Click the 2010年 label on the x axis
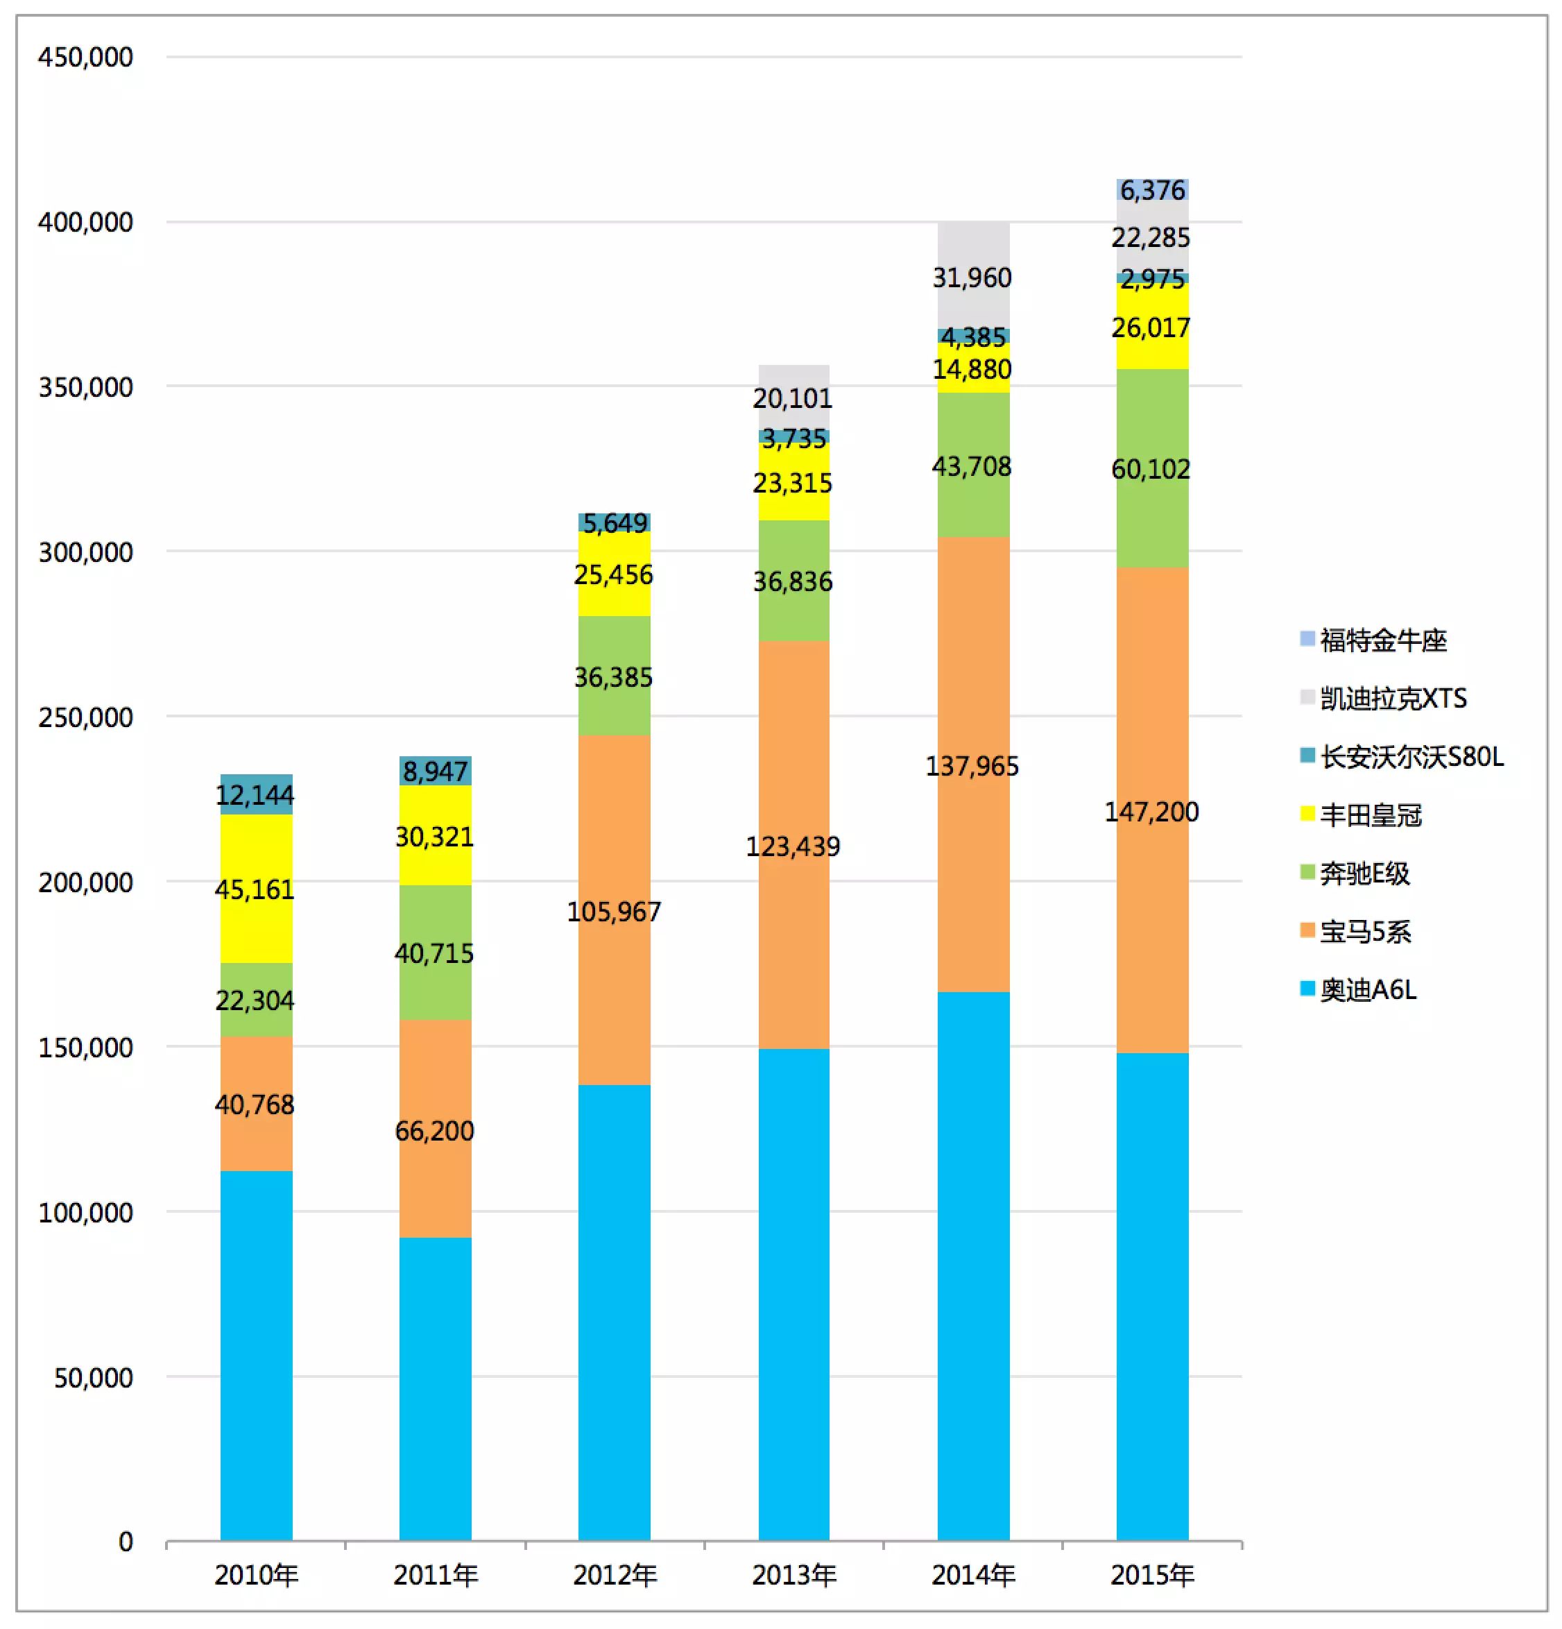click(x=256, y=1574)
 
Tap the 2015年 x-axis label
click(x=1151, y=1574)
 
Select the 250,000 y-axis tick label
click(x=85, y=717)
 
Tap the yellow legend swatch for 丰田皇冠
click(x=1307, y=814)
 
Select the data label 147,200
click(x=1151, y=811)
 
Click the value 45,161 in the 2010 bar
click(x=255, y=889)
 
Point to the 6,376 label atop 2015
click(x=1152, y=190)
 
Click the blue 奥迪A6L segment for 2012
click(x=614, y=1313)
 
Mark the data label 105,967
click(x=614, y=912)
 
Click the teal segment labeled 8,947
click(x=434, y=771)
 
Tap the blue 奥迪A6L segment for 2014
click(x=973, y=1263)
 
